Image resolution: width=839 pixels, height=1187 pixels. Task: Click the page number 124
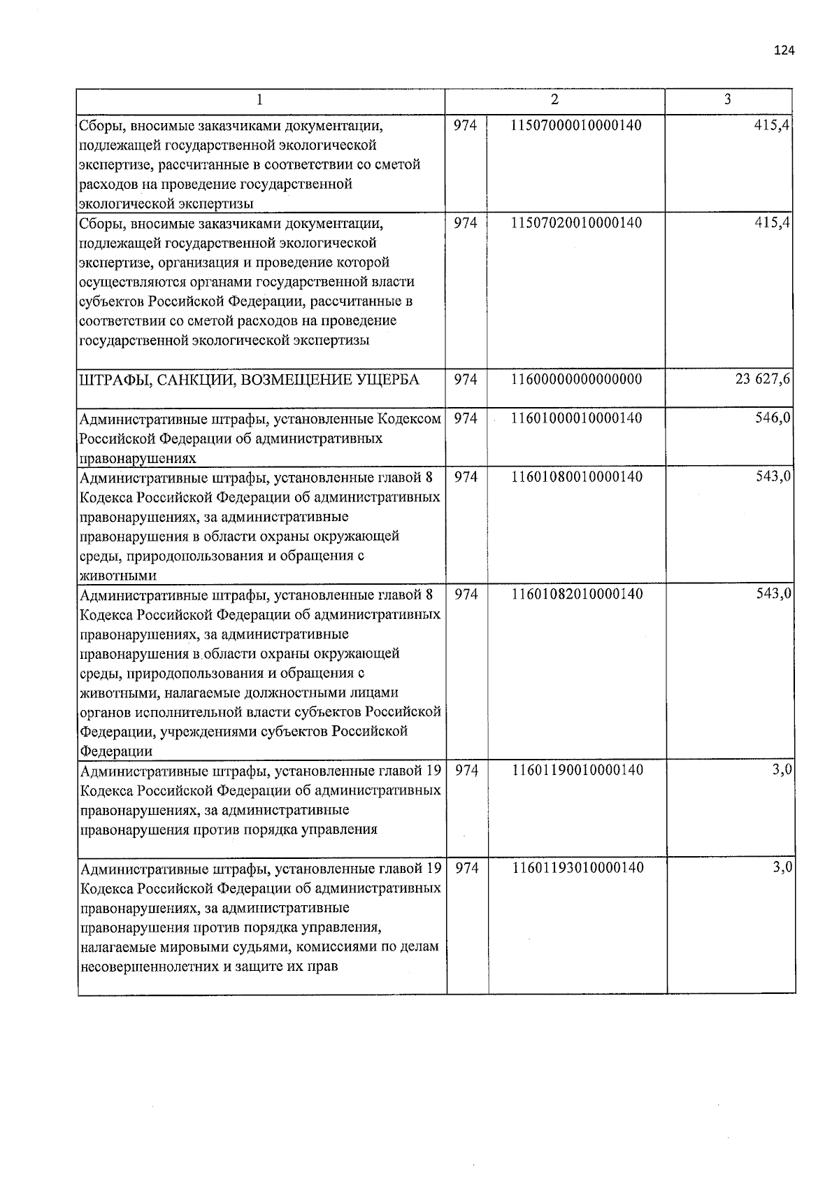click(784, 50)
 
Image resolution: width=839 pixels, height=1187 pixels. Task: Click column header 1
click(259, 100)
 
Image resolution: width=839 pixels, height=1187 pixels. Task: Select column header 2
click(554, 100)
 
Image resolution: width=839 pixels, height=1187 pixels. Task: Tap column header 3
click(728, 99)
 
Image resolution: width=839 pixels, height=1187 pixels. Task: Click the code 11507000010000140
click(577, 126)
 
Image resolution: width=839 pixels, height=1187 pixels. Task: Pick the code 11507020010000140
click(577, 223)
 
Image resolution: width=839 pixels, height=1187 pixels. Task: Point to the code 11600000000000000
click(577, 380)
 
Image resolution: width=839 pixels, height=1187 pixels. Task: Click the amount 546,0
click(773, 418)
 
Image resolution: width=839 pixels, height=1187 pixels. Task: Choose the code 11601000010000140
click(577, 418)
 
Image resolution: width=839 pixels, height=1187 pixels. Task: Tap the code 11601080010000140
click(577, 477)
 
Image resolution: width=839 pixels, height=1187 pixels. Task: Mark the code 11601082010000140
click(577, 595)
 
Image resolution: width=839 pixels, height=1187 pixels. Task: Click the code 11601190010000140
click(577, 771)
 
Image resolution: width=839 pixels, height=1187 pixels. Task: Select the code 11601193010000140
click(577, 868)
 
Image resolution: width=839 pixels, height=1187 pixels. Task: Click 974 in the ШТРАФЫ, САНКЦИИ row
click(466, 380)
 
